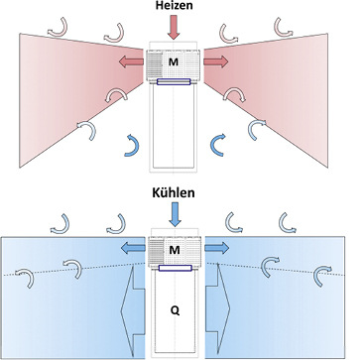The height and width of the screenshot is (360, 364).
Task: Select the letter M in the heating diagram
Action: (173, 62)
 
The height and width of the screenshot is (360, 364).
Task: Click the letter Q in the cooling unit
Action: (176, 309)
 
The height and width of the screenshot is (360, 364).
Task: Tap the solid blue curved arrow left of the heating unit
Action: (131, 144)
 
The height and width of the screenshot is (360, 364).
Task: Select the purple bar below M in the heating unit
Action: (175, 82)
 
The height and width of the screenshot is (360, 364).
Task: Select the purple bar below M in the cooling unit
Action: (176, 266)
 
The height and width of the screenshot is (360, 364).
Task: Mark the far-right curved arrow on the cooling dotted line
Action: (322, 274)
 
